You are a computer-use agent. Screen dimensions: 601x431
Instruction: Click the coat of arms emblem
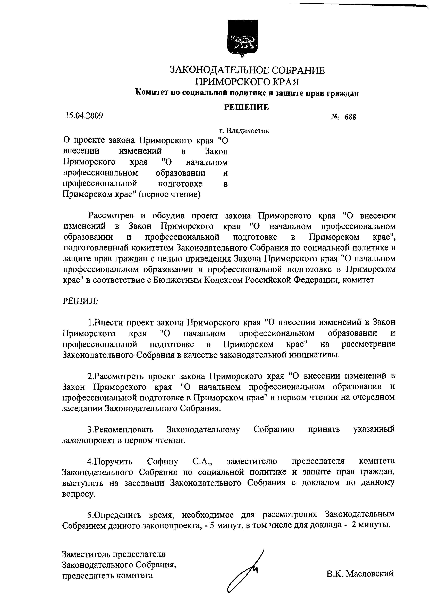coord(243,38)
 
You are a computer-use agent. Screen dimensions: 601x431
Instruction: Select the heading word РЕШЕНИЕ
coord(246,107)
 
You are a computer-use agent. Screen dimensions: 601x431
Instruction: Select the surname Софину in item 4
coord(162,461)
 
